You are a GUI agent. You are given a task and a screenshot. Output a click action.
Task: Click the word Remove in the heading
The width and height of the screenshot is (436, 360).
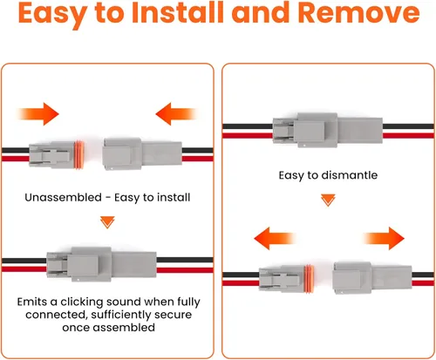359,12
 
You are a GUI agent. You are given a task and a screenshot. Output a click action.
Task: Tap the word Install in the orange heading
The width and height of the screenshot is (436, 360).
179,12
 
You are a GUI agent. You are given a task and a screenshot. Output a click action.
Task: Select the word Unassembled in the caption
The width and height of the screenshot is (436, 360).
63,198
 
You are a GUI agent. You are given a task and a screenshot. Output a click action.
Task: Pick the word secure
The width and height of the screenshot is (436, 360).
174,315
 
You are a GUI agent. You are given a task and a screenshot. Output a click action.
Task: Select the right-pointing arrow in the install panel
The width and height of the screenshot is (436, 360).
38,114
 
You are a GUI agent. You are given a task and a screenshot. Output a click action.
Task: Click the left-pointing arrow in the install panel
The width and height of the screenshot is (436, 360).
176,114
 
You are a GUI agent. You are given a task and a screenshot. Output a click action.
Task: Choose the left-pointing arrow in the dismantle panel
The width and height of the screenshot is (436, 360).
275,239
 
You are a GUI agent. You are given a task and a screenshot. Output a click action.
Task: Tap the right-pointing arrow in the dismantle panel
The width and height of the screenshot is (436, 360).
384,239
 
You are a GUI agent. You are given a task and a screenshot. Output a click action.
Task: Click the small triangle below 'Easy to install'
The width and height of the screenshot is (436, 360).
107,222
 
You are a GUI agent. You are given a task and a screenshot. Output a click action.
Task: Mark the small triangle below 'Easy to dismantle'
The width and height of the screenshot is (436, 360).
328,200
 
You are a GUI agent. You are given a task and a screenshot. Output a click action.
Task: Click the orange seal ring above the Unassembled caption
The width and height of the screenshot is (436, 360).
79,154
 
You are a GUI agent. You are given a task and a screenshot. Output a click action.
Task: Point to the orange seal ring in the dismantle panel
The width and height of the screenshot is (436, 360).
310,279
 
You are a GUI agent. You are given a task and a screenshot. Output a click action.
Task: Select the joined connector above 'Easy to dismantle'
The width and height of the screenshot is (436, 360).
328,130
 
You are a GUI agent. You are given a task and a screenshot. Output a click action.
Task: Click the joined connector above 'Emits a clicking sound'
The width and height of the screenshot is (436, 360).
101,264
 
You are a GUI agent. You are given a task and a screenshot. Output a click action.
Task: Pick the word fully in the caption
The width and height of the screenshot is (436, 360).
188,302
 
